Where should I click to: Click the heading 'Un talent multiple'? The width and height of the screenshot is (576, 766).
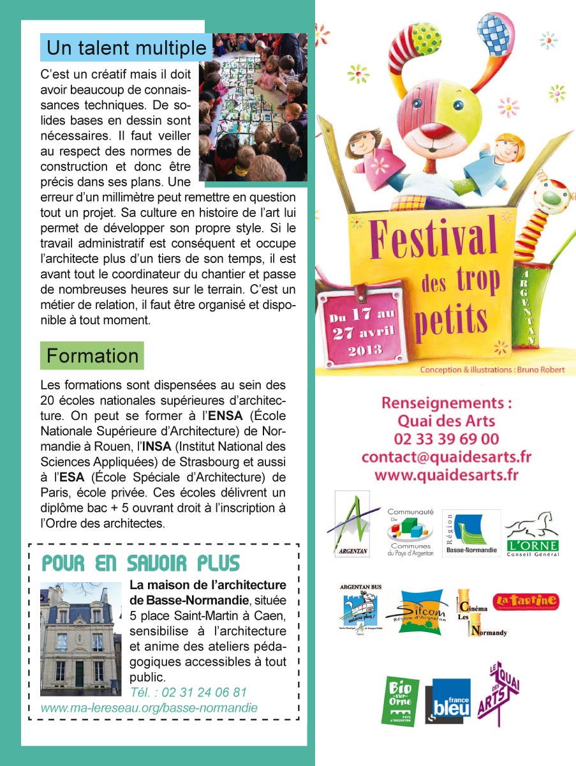tap(126, 48)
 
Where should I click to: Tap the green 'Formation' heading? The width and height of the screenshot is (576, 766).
tap(92, 356)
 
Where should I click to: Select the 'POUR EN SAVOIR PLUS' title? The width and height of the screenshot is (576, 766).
tap(140, 564)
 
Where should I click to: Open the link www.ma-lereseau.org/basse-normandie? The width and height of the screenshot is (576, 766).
tap(149, 708)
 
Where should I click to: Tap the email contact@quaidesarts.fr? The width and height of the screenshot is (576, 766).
tap(446, 457)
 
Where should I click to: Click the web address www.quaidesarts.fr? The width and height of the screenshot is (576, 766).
tap(446, 475)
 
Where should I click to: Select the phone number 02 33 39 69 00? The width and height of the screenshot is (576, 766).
tap(447, 439)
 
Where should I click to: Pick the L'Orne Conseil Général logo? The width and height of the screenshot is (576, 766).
tap(531, 534)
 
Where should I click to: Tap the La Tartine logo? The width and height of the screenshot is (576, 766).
tap(526, 601)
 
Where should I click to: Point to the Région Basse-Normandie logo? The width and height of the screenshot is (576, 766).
tap(471, 533)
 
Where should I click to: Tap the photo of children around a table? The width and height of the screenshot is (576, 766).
tap(253, 107)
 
